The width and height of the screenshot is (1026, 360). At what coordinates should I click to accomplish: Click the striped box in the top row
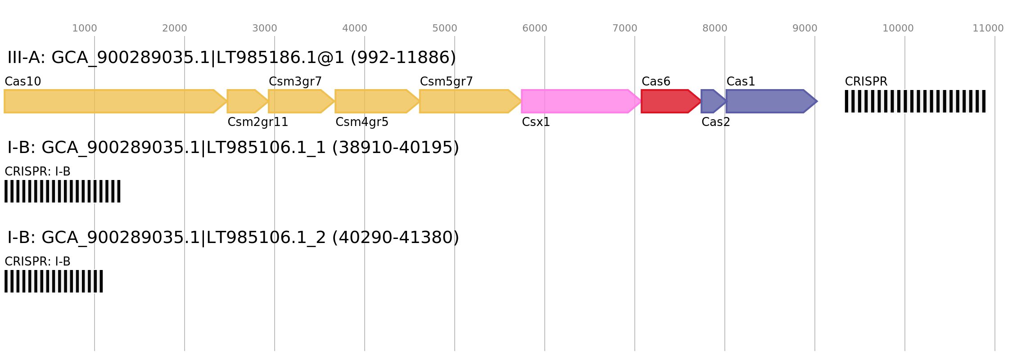(x=915, y=101)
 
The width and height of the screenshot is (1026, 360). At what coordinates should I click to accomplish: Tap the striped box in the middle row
(x=63, y=191)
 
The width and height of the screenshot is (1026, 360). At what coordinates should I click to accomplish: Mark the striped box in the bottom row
(x=54, y=281)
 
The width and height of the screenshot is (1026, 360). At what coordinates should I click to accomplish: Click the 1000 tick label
(x=85, y=28)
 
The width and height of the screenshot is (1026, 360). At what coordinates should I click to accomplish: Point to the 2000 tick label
(x=175, y=28)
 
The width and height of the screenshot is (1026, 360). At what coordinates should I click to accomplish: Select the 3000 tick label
(x=265, y=28)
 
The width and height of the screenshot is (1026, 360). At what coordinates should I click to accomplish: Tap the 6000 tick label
(x=535, y=28)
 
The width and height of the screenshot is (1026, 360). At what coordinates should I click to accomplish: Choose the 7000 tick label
(x=625, y=28)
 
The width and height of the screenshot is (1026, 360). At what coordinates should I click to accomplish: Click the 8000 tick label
(x=715, y=28)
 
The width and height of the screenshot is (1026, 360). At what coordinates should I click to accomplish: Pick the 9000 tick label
(x=805, y=28)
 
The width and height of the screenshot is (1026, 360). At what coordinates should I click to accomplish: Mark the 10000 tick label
(x=898, y=28)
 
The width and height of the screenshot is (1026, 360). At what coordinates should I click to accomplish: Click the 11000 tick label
(x=988, y=28)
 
